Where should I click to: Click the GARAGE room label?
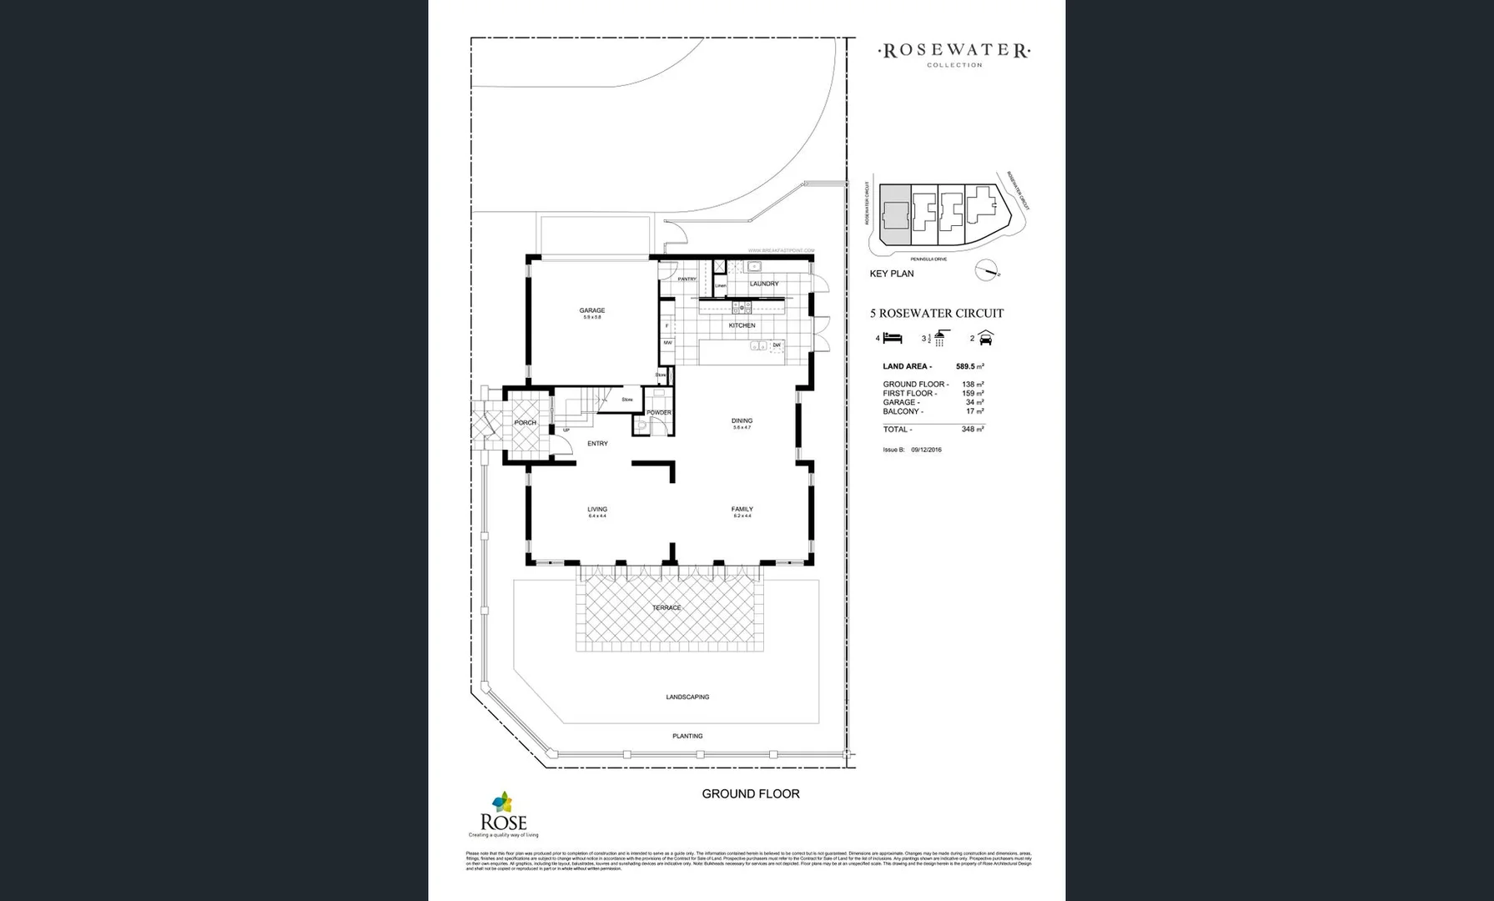coord(592,310)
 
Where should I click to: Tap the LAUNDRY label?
coord(763,284)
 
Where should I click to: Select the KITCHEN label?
coord(742,325)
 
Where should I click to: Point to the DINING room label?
coord(742,420)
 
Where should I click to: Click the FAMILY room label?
coord(742,509)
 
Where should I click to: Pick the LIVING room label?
coord(597,509)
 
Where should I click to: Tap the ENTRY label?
coord(597,444)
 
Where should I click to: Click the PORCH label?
coord(526,423)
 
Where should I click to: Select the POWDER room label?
coord(658,413)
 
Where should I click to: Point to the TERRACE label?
coord(667,608)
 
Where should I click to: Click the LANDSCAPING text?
coord(687,697)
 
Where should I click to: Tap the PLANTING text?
coord(687,736)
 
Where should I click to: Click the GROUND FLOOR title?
coord(750,794)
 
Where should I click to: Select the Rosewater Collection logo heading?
coord(954,52)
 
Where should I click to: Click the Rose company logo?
coord(503,814)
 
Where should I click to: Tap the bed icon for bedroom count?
coord(893,338)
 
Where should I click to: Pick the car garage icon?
coord(986,338)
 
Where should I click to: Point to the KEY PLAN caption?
coord(891,274)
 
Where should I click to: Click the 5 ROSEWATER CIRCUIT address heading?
coord(937,314)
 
